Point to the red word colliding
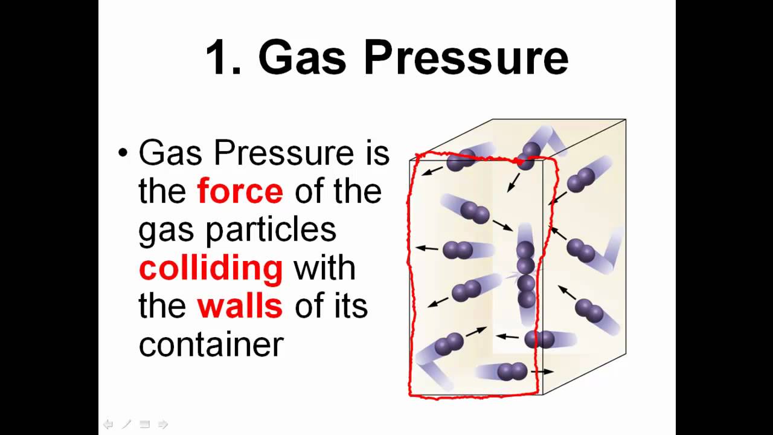[211, 269]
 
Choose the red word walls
[240, 306]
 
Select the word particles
[271, 231]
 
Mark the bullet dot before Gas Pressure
[123, 153]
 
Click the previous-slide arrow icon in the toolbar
[108, 424]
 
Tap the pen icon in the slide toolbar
[127, 424]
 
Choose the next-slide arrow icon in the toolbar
[162, 424]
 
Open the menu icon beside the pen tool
[144, 424]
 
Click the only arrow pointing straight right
[542, 372]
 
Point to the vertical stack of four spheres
[525, 274]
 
